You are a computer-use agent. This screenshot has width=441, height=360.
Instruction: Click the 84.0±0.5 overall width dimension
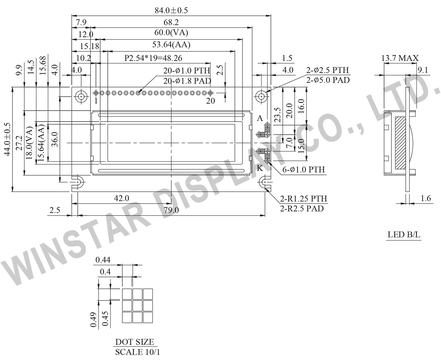click(171, 10)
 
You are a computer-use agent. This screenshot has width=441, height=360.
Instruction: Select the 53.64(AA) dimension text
click(171, 44)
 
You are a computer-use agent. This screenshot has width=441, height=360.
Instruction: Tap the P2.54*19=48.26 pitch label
click(153, 58)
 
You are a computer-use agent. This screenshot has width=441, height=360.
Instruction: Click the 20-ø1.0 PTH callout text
click(187, 71)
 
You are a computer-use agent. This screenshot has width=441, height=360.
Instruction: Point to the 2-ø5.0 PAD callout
click(328, 80)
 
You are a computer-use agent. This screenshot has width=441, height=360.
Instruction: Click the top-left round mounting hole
click(81, 97)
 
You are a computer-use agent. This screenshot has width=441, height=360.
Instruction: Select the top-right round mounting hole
click(261, 97)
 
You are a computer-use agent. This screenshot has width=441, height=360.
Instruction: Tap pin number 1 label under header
click(96, 101)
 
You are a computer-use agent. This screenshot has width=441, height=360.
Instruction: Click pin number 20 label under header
click(210, 101)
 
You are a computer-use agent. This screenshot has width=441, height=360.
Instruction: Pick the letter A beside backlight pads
click(260, 118)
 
